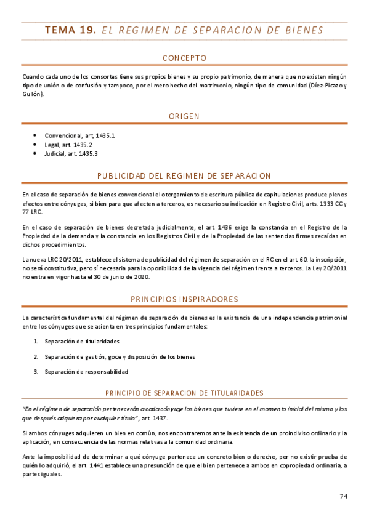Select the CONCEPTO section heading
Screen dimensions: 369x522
point(184,58)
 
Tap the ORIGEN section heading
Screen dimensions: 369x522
point(184,116)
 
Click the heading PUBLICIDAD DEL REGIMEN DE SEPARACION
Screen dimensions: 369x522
point(184,175)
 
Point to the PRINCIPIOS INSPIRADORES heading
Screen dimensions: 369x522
point(184,299)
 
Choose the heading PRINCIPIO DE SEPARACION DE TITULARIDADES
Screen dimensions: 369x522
point(184,393)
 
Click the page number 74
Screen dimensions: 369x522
point(344,496)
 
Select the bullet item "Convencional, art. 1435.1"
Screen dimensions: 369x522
point(79,135)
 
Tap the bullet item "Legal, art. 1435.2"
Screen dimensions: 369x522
point(68,144)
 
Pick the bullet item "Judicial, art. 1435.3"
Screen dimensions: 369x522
point(71,153)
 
